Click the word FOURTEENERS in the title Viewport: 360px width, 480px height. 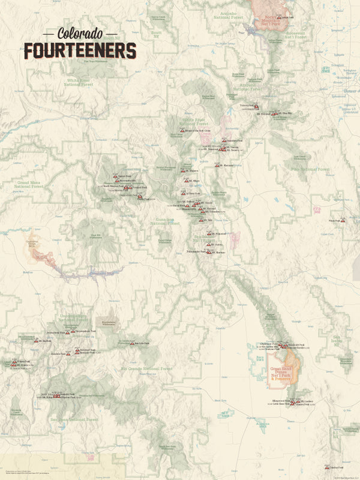tap(80, 50)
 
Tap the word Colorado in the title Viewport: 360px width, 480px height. tap(80, 34)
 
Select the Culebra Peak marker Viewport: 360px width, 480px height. tap(327, 466)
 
